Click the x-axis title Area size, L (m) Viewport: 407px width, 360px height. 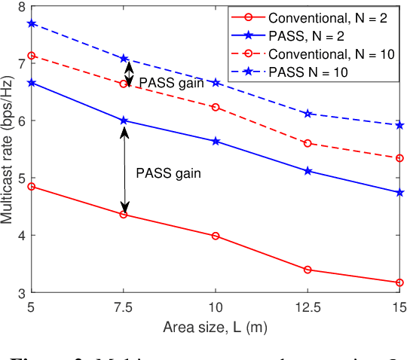(216, 327)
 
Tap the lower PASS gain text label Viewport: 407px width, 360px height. (169, 172)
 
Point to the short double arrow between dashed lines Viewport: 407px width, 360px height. (128, 72)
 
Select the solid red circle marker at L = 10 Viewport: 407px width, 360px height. (216, 236)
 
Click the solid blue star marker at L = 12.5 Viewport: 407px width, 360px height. (308, 171)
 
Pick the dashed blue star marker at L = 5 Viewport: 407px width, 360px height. (32, 23)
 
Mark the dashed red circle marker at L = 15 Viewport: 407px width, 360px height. (399, 158)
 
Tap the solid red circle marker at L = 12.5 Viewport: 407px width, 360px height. (308, 270)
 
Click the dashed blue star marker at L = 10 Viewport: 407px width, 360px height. (216, 81)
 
